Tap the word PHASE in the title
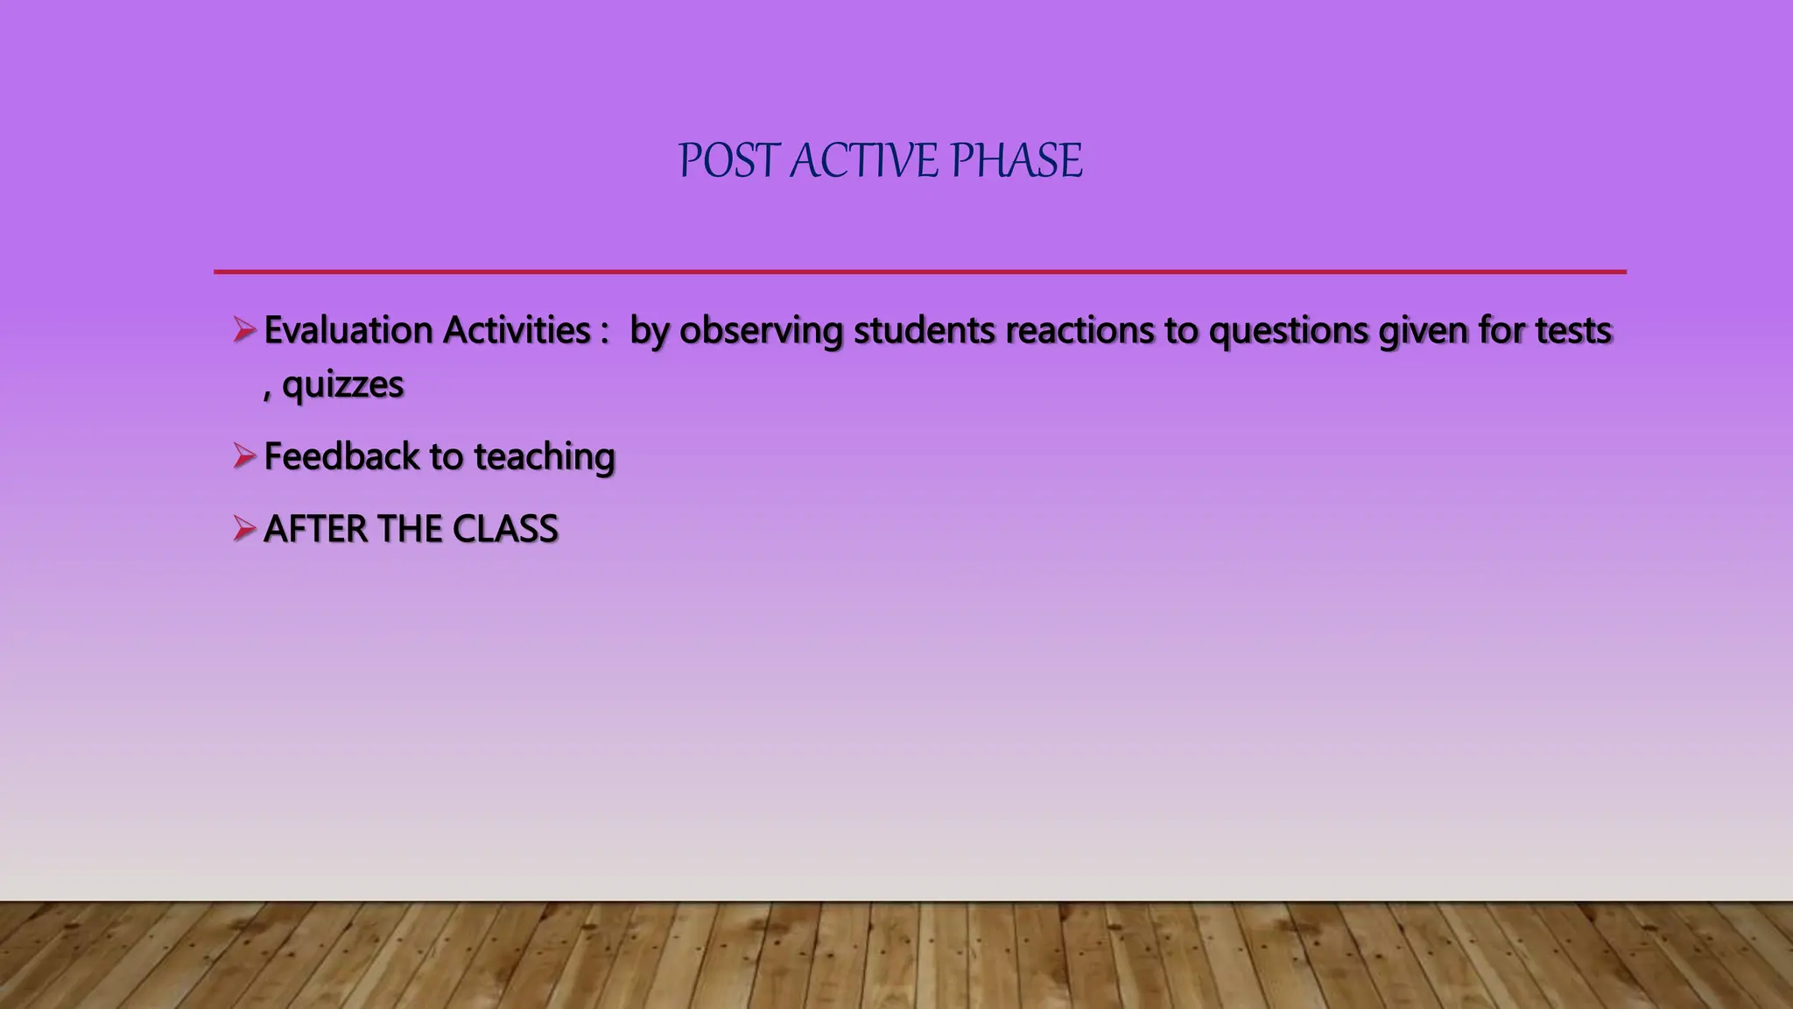point(1016,161)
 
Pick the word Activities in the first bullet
point(517,330)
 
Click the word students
point(924,330)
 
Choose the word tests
point(1572,330)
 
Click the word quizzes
point(342,385)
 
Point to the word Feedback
point(341,456)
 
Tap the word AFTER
point(315,529)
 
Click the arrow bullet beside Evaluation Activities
point(243,330)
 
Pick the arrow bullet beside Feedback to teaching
point(243,456)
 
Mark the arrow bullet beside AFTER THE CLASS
point(243,529)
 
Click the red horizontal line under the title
point(919,272)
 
